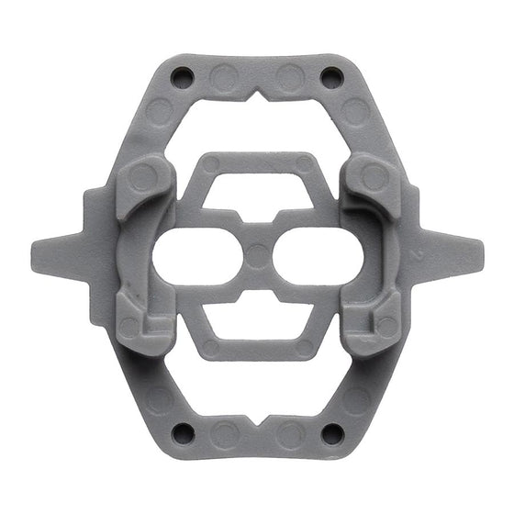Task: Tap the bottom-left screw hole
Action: tap(183, 430)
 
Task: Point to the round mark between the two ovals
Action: tap(258, 254)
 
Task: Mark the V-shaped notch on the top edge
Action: tap(258, 95)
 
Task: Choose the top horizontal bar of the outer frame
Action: tap(258, 75)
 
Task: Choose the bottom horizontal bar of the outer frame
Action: tap(258, 434)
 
